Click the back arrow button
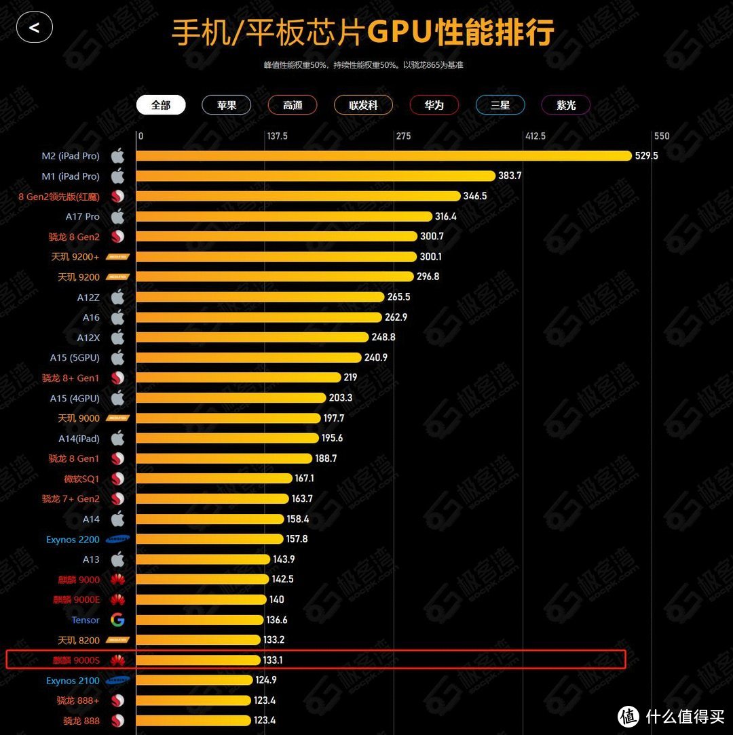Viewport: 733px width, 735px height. tap(35, 28)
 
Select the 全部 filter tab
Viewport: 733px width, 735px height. tap(161, 105)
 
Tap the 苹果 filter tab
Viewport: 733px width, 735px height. tap(227, 105)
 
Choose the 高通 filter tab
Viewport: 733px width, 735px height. tap(293, 105)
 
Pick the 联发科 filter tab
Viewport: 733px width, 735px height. tap(363, 105)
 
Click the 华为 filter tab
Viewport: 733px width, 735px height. tap(434, 105)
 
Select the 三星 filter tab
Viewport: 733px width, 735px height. tap(500, 105)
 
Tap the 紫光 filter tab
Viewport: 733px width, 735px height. tap(565, 105)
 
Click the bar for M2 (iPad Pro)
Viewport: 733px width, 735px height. tap(383, 156)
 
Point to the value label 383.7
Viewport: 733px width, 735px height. tap(510, 176)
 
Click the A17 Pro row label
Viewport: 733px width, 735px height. tap(83, 216)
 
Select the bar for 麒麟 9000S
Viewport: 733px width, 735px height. tap(198, 660)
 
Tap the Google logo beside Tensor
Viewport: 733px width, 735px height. tap(117, 620)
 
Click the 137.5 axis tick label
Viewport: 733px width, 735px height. tap(277, 136)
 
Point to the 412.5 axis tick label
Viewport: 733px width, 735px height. tap(535, 136)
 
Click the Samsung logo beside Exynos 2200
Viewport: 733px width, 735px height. tap(117, 539)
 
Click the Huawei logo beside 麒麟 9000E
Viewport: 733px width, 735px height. tap(117, 599)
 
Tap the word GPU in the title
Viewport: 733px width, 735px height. tap(400, 33)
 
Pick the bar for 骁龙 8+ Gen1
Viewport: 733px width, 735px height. tap(238, 378)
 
